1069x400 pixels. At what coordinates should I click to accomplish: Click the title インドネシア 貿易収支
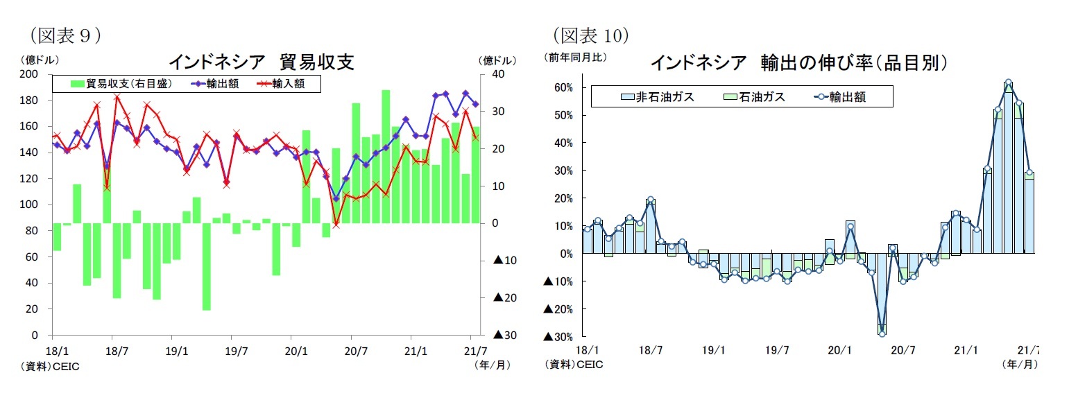(262, 62)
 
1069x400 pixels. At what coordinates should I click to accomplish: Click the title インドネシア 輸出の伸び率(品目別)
(798, 63)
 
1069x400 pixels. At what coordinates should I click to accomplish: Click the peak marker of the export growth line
(1008, 82)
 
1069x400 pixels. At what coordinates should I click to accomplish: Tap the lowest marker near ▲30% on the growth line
(882, 333)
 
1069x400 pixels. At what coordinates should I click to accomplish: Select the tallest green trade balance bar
(385, 157)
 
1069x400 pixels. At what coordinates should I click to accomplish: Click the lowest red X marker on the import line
(336, 224)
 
